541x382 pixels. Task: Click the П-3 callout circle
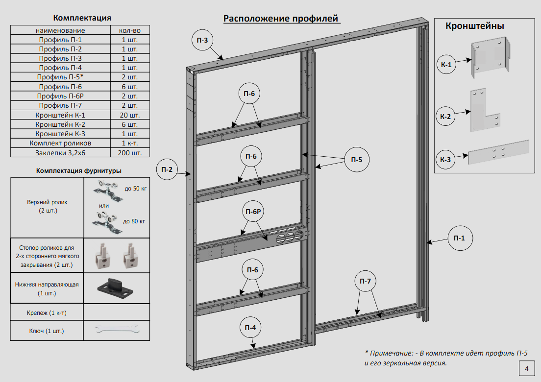pos(202,41)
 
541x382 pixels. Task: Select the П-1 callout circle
pos(459,239)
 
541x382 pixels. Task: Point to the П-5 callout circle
pos(356,160)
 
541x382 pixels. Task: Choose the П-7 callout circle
pos(365,281)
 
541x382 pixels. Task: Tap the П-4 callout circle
pos(250,328)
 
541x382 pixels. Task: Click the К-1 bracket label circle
pos(446,64)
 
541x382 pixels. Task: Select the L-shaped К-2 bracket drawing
pos(486,111)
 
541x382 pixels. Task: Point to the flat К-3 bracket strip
pos(499,152)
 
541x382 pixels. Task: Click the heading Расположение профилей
pos(281,19)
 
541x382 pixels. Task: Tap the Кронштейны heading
pos(474,26)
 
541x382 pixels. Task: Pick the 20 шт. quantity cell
pos(129,115)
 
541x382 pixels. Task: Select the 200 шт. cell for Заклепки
pos(129,152)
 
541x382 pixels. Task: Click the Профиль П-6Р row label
pos(61,96)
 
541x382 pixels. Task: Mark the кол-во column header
pos(129,30)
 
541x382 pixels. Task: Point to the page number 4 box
pos(526,369)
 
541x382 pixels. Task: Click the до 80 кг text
pos(134,221)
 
